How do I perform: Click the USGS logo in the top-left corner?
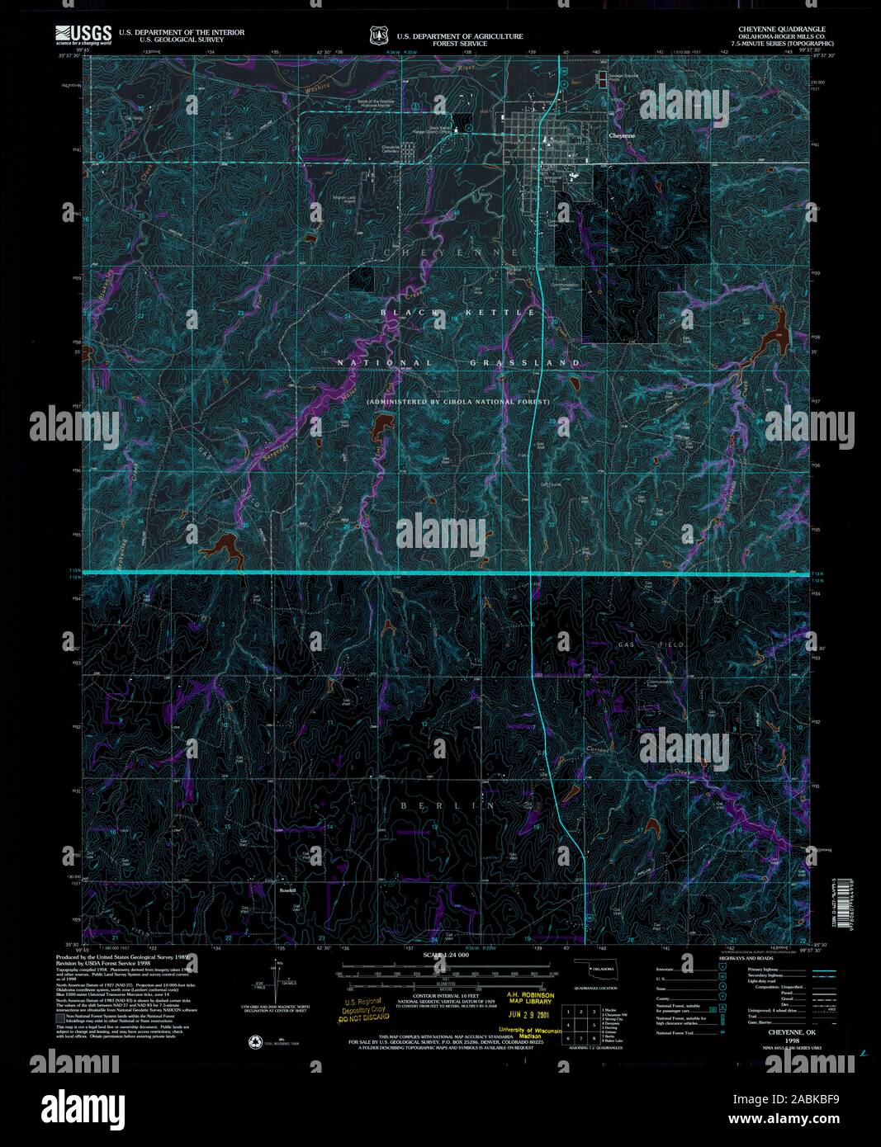(x=83, y=34)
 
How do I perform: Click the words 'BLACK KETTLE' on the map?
(x=458, y=313)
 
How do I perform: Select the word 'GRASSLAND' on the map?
(x=525, y=363)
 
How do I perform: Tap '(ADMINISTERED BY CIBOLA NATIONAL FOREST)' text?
(x=458, y=402)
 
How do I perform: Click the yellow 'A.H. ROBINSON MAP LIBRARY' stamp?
(x=531, y=999)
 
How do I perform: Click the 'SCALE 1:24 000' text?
(x=446, y=955)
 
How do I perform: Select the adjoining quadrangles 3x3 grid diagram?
(x=580, y=1023)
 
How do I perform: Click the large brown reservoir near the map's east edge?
(x=774, y=339)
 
